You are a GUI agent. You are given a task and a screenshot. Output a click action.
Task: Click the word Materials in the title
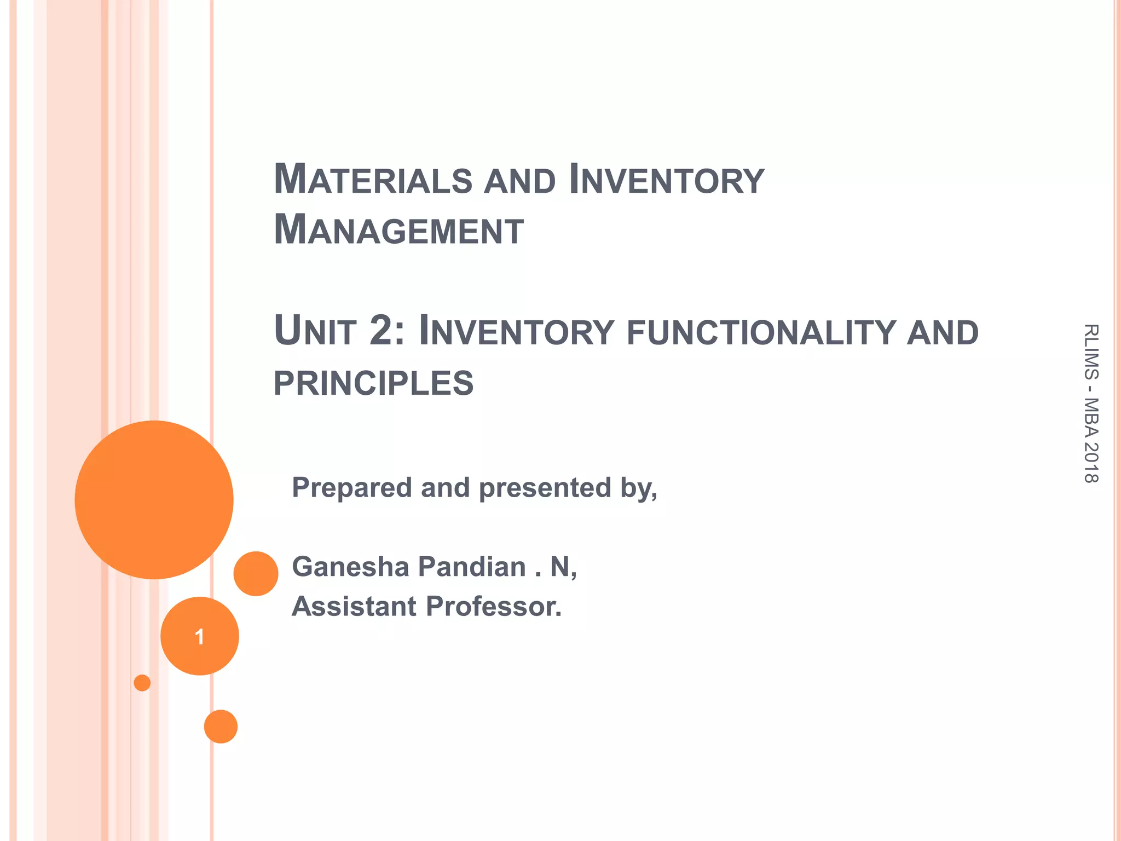click(373, 180)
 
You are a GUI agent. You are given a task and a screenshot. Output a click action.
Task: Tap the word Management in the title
click(398, 231)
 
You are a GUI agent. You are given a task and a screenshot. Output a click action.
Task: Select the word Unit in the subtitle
click(315, 331)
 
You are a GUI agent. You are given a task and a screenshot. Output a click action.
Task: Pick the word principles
click(373, 383)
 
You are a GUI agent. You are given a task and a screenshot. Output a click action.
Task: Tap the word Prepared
click(351, 487)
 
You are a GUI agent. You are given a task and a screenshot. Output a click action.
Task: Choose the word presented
click(545, 488)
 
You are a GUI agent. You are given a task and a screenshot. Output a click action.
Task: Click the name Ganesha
click(350, 566)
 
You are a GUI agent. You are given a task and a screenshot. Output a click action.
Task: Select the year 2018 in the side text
click(1090, 463)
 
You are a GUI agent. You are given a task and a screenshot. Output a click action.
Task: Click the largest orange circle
click(154, 499)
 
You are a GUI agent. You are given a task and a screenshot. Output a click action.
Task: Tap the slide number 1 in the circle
click(199, 636)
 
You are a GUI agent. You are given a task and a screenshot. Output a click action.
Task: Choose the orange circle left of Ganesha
click(256, 573)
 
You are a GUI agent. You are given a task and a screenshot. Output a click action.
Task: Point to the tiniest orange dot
click(142, 683)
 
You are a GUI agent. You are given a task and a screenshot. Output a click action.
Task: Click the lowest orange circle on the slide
click(221, 727)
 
